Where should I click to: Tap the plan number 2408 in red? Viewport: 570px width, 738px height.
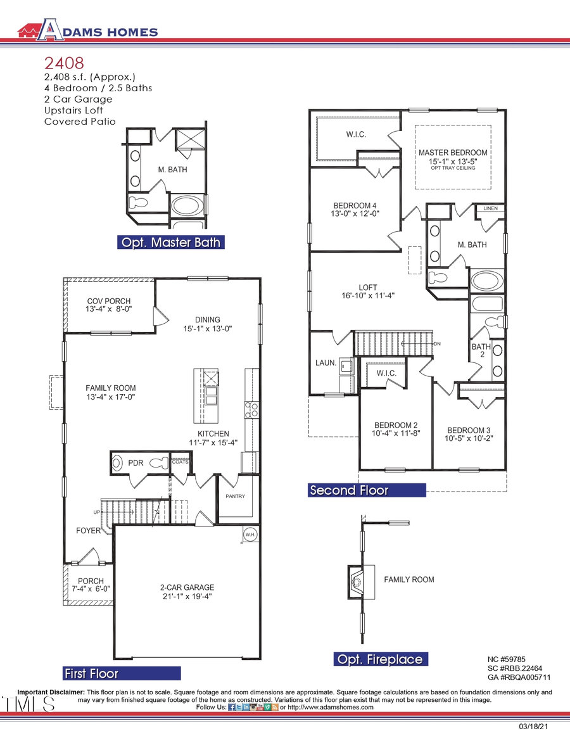[x=64, y=63]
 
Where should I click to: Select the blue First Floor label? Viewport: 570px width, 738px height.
[x=92, y=673]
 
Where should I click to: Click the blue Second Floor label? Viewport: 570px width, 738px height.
[x=349, y=490]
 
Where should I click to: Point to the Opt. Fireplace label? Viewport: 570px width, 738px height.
[x=379, y=659]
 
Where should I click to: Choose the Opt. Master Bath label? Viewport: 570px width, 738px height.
[x=171, y=243]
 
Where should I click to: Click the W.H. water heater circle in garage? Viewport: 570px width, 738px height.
[x=250, y=534]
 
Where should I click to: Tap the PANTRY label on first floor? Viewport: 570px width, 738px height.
[x=235, y=496]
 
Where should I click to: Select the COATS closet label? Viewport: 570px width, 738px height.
[x=180, y=462]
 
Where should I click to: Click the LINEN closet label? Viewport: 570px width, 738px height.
[x=490, y=208]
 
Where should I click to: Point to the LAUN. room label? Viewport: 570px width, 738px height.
[x=325, y=363]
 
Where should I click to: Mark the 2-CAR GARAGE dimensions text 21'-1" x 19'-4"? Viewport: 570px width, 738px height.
[x=187, y=597]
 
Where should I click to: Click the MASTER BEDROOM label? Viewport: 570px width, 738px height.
[x=453, y=153]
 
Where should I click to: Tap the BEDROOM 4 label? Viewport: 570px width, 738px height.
[x=355, y=206]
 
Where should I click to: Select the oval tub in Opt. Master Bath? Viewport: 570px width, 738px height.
[x=188, y=206]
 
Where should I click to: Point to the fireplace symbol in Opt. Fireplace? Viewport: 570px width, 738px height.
[x=357, y=580]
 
